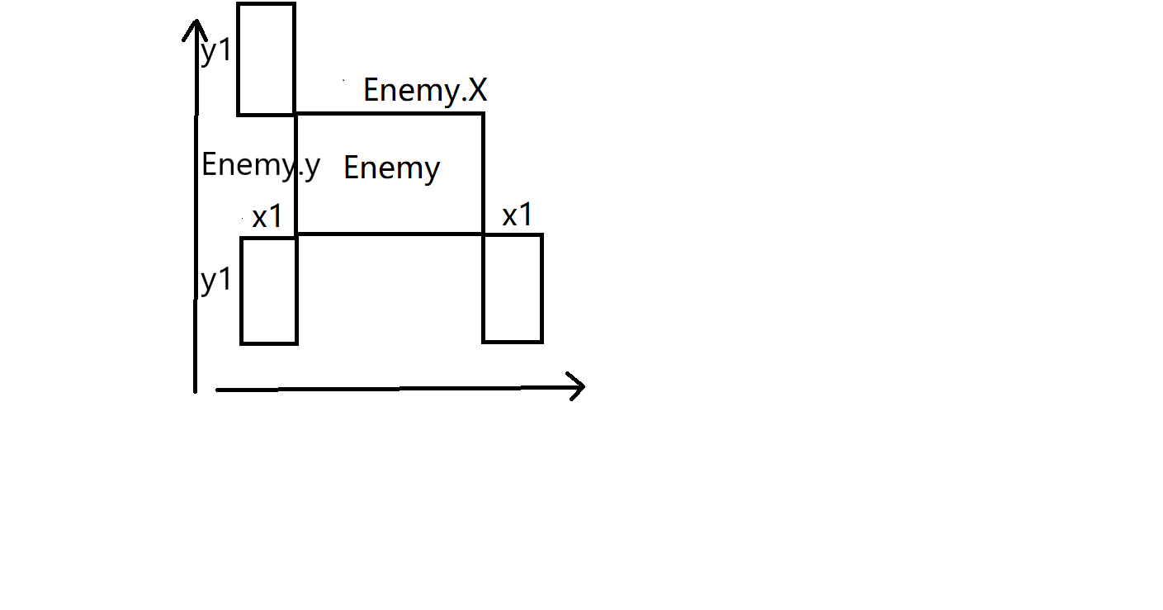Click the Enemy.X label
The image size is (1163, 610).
(425, 90)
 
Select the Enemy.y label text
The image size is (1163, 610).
(260, 165)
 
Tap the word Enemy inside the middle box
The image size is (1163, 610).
(391, 168)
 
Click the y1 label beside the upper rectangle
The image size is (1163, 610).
(216, 51)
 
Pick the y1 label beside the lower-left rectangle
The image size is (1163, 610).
(216, 281)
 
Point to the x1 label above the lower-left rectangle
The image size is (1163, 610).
(267, 217)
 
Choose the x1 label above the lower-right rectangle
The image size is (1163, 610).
(518, 215)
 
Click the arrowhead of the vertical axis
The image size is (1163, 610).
(194, 25)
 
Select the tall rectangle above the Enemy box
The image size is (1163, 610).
(266, 59)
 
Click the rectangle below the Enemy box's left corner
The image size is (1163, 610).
(268, 290)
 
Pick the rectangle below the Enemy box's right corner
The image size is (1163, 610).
(513, 288)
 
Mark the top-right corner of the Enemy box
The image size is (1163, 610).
(483, 114)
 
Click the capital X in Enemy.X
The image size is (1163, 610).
(476, 90)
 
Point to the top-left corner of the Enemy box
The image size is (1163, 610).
(295, 114)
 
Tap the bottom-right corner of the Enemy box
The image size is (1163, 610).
(483, 234)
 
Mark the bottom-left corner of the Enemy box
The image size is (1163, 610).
(295, 234)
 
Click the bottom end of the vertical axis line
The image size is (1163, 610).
(195, 390)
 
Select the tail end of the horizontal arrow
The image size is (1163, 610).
(217, 388)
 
